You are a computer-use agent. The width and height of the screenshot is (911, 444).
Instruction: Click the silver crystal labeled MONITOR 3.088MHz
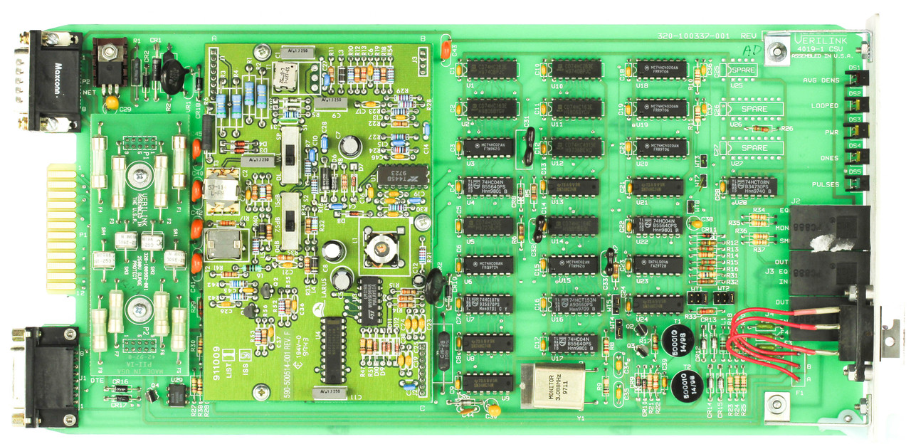coord(549,386)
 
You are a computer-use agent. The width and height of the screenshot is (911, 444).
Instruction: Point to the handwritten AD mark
coord(749,51)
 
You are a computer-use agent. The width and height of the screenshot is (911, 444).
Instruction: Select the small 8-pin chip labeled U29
coord(177,396)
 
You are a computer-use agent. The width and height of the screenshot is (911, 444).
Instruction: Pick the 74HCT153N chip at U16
coord(574,304)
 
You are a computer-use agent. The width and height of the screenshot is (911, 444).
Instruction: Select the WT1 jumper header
coord(697,302)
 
